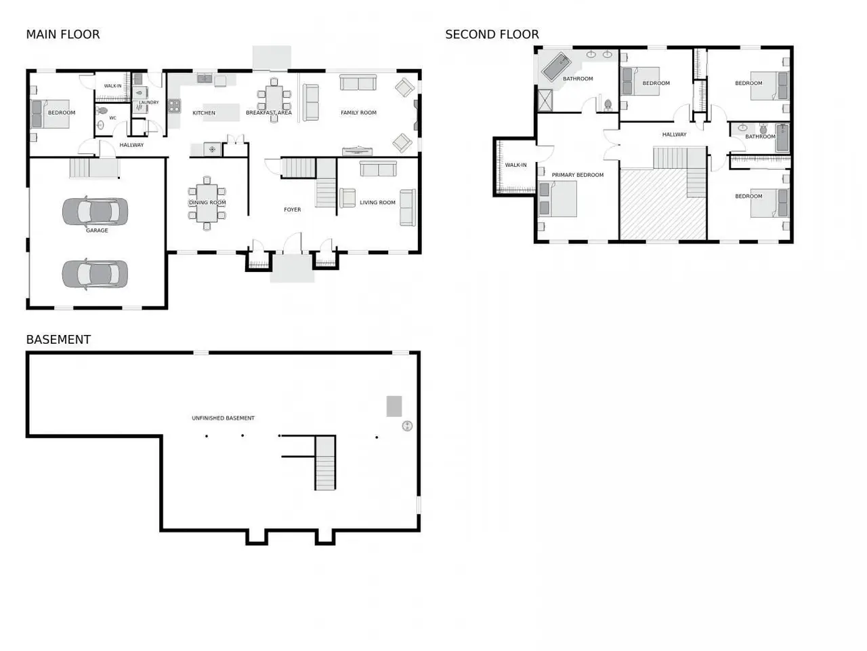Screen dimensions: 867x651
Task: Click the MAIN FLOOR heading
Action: pyautogui.click(x=63, y=35)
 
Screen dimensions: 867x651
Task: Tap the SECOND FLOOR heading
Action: pyautogui.click(x=492, y=35)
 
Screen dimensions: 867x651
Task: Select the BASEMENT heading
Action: pyautogui.click(x=58, y=340)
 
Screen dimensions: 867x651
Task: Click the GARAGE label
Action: pyautogui.click(x=97, y=230)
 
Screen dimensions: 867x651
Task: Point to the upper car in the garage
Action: pyautogui.click(x=96, y=211)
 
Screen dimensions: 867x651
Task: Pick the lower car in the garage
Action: pyautogui.click(x=96, y=274)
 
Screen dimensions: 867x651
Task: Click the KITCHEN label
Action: pyautogui.click(x=204, y=113)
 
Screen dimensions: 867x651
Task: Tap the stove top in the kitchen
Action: pyautogui.click(x=174, y=106)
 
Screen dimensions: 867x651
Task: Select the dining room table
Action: pyautogui.click(x=207, y=203)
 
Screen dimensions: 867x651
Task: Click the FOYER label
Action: pyautogui.click(x=293, y=210)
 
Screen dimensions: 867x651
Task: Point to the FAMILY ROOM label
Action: pyautogui.click(x=358, y=113)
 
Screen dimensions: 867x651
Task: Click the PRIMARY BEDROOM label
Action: pyautogui.click(x=578, y=175)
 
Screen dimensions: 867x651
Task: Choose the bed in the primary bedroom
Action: pyautogui.click(x=557, y=199)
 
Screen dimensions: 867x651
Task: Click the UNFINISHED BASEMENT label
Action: pyautogui.click(x=223, y=418)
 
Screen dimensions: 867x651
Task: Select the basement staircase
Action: pyautogui.click(x=325, y=462)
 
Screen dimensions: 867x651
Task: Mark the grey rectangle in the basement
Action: pyautogui.click(x=394, y=406)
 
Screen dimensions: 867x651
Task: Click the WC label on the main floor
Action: pyautogui.click(x=112, y=118)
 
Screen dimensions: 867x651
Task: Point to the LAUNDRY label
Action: pyautogui.click(x=148, y=102)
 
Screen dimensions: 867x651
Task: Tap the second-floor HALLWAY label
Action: pyautogui.click(x=674, y=134)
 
